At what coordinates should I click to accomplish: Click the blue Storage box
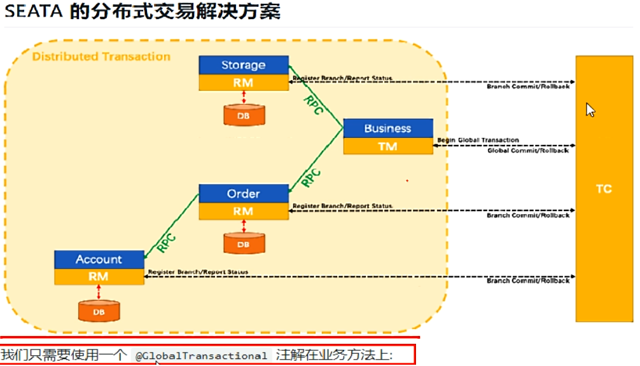pyautogui.click(x=243, y=65)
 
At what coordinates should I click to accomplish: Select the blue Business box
pyautogui.click(x=387, y=128)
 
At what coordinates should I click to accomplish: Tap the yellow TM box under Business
pyautogui.click(x=387, y=146)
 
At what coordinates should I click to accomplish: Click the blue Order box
pyautogui.click(x=243, y=193)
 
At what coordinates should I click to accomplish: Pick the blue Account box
pyautogui.click(x=99, y=259)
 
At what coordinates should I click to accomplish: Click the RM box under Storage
pyautogui.click(x=243, y=83)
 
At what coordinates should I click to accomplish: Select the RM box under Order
pyautogui.click(x=243, y=211)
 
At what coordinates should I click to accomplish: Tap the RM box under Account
pyautogui.click(x=99, y=277)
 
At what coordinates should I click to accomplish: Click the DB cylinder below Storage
pyautogui.click(x=244, y=115)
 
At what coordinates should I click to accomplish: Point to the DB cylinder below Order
pyautogui.click(x=244, y=243)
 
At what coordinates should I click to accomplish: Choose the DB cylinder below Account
pyautogui.click(x=99, y=311)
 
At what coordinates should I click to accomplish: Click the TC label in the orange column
pyautogui.click(x=604, y=189)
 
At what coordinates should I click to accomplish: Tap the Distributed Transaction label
pyautogui.click(x=101, y=57)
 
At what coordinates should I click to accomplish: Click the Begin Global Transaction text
pyautogui.click(x=478, y=140)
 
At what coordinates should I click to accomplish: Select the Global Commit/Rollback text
pyautogui.click(x=527, y=151)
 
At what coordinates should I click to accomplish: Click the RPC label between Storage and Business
pyautogui.click(x=314, y=105)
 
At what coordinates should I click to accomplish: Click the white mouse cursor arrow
pyautogui.click(x=590, y=110)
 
